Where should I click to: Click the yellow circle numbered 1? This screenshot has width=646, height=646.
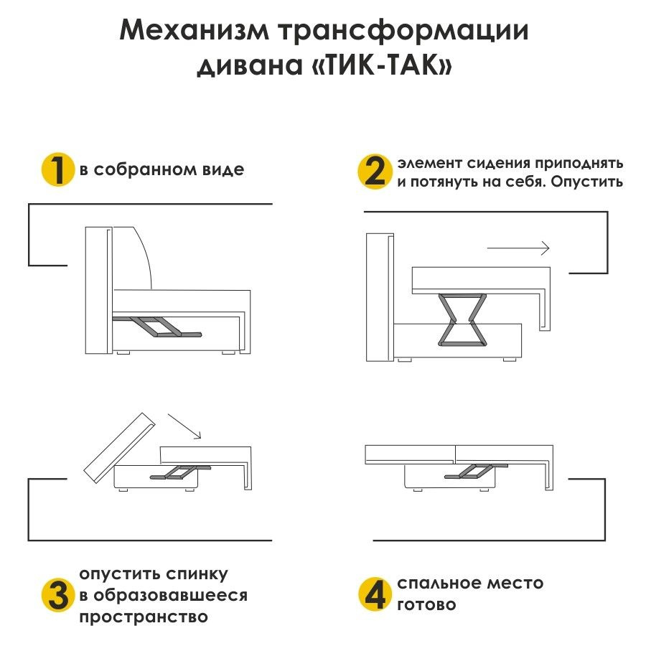click(57, 170)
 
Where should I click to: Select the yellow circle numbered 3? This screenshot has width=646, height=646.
click(57, 595)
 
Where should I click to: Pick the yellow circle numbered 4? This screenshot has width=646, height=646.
click(375, 594)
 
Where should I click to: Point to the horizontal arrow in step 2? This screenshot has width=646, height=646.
click(518, 248)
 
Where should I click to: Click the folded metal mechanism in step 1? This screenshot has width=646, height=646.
click(158, 327)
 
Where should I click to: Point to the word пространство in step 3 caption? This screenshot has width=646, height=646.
click(144, 617)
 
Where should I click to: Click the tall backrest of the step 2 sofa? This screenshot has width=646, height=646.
click(380, 298)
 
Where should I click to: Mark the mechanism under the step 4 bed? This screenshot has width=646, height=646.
click(471, 471)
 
